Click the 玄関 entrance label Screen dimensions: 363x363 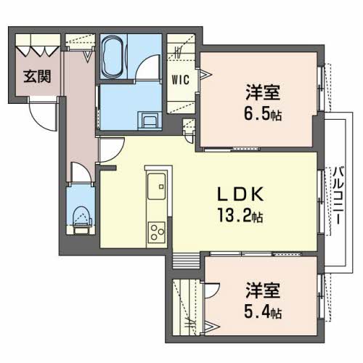coord(36,76)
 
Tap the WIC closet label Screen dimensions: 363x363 coord(181,80)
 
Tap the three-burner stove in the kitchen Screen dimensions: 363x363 coord(158,232)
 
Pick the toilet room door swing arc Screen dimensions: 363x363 coord(81,174)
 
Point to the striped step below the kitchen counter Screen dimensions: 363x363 coord(186,259)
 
